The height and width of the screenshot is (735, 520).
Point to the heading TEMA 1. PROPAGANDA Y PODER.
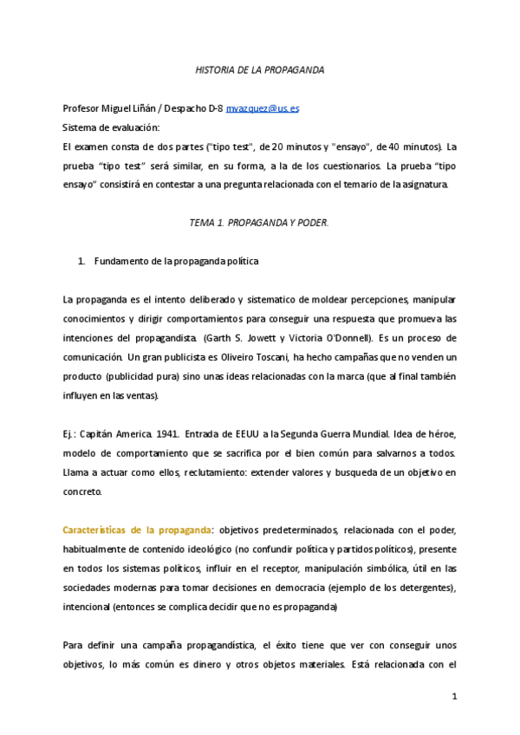coord(259,223)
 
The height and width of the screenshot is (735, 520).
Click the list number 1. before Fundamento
coord(81,261)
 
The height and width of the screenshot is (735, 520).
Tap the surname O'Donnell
coord(348,337)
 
